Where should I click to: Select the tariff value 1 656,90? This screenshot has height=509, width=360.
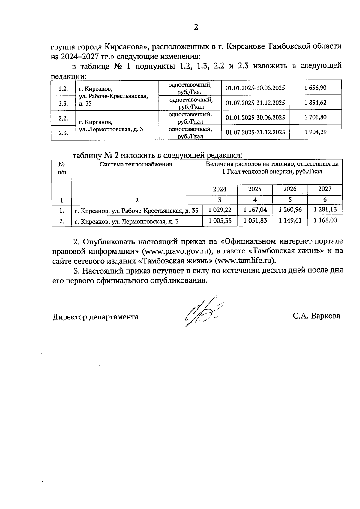click(315, 88)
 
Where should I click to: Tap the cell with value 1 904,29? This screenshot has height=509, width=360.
click(315, 132)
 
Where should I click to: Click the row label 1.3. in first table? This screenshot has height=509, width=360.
click(63, 103)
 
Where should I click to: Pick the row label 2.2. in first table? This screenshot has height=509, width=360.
click(63, 118)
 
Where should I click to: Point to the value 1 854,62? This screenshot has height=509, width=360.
click(315, 103)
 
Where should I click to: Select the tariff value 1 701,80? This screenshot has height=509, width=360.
click(315, 117)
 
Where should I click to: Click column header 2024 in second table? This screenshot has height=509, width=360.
click(220, 189)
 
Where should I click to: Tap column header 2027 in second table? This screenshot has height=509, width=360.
click(325, 189)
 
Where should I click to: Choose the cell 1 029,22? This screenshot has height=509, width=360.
click(220, 210)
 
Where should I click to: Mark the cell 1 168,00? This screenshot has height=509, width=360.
click(325, 220)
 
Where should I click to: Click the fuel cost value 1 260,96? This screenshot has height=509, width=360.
click(290, 210)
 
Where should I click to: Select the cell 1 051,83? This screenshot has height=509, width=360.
click(255, 221)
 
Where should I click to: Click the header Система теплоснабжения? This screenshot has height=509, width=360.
click(136, 164)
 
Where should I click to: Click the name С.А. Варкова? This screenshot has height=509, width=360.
click(317, 316)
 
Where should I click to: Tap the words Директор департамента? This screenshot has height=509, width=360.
click(96, 317)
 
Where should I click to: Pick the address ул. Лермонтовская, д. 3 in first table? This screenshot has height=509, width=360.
click(111, 129)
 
